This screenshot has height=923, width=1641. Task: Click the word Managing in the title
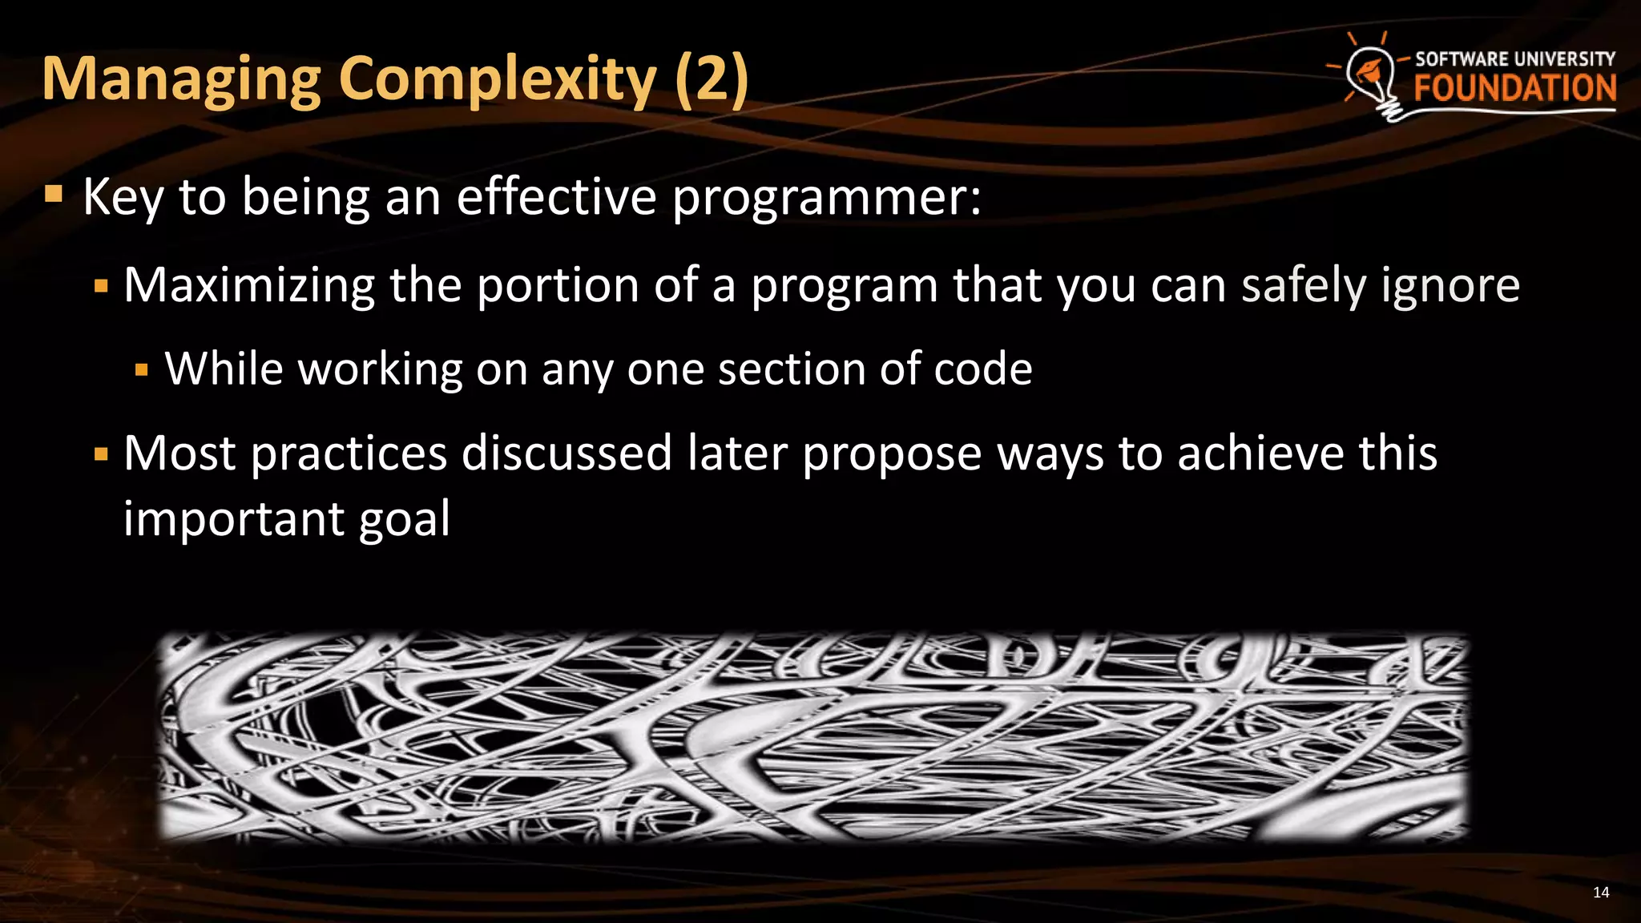point(182,80)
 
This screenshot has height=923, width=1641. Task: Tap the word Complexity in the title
point(498,80)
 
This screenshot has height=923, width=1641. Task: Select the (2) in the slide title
point(712,80)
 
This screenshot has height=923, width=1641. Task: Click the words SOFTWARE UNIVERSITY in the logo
point(1514,59)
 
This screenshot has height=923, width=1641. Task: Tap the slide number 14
point(1600,893)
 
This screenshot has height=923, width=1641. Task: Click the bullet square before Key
point(54,195)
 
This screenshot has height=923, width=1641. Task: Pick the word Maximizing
point(249,285)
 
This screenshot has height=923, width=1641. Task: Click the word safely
point(1304,285)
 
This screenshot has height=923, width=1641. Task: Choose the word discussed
point(566,453)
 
